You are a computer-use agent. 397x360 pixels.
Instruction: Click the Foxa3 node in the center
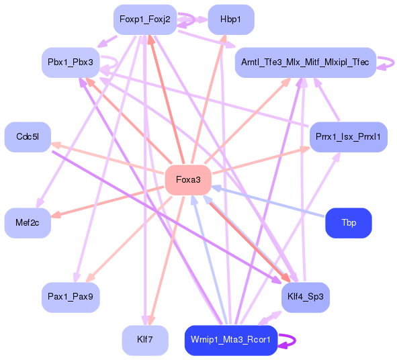pyautogui.click(x=188, y=180)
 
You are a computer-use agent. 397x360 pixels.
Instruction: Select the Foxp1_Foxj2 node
pyautogui.click(x=144, y=19)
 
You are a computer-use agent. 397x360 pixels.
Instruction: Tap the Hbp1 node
pyautogui.click(x=230, y=19)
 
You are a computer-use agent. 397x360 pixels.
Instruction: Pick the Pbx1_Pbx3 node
pyautogui.click(x=71, y=62)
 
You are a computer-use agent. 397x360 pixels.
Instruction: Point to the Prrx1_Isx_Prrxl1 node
pyautogui.click(x=348, y=137)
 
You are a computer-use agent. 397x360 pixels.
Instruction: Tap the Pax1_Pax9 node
pyautogui.click(x=71, y=296)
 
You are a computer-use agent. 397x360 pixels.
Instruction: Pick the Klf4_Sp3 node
pyautogui.click(x=305, y=296)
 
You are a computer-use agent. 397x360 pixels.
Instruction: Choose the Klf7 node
pyautogui.click(x=144, y=340)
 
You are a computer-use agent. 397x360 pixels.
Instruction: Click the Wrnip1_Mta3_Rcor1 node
pyautogui.click(x=230, y=340)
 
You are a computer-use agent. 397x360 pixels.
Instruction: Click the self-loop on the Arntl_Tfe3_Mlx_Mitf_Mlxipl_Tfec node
pyautogui.click(x=389, y=62)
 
